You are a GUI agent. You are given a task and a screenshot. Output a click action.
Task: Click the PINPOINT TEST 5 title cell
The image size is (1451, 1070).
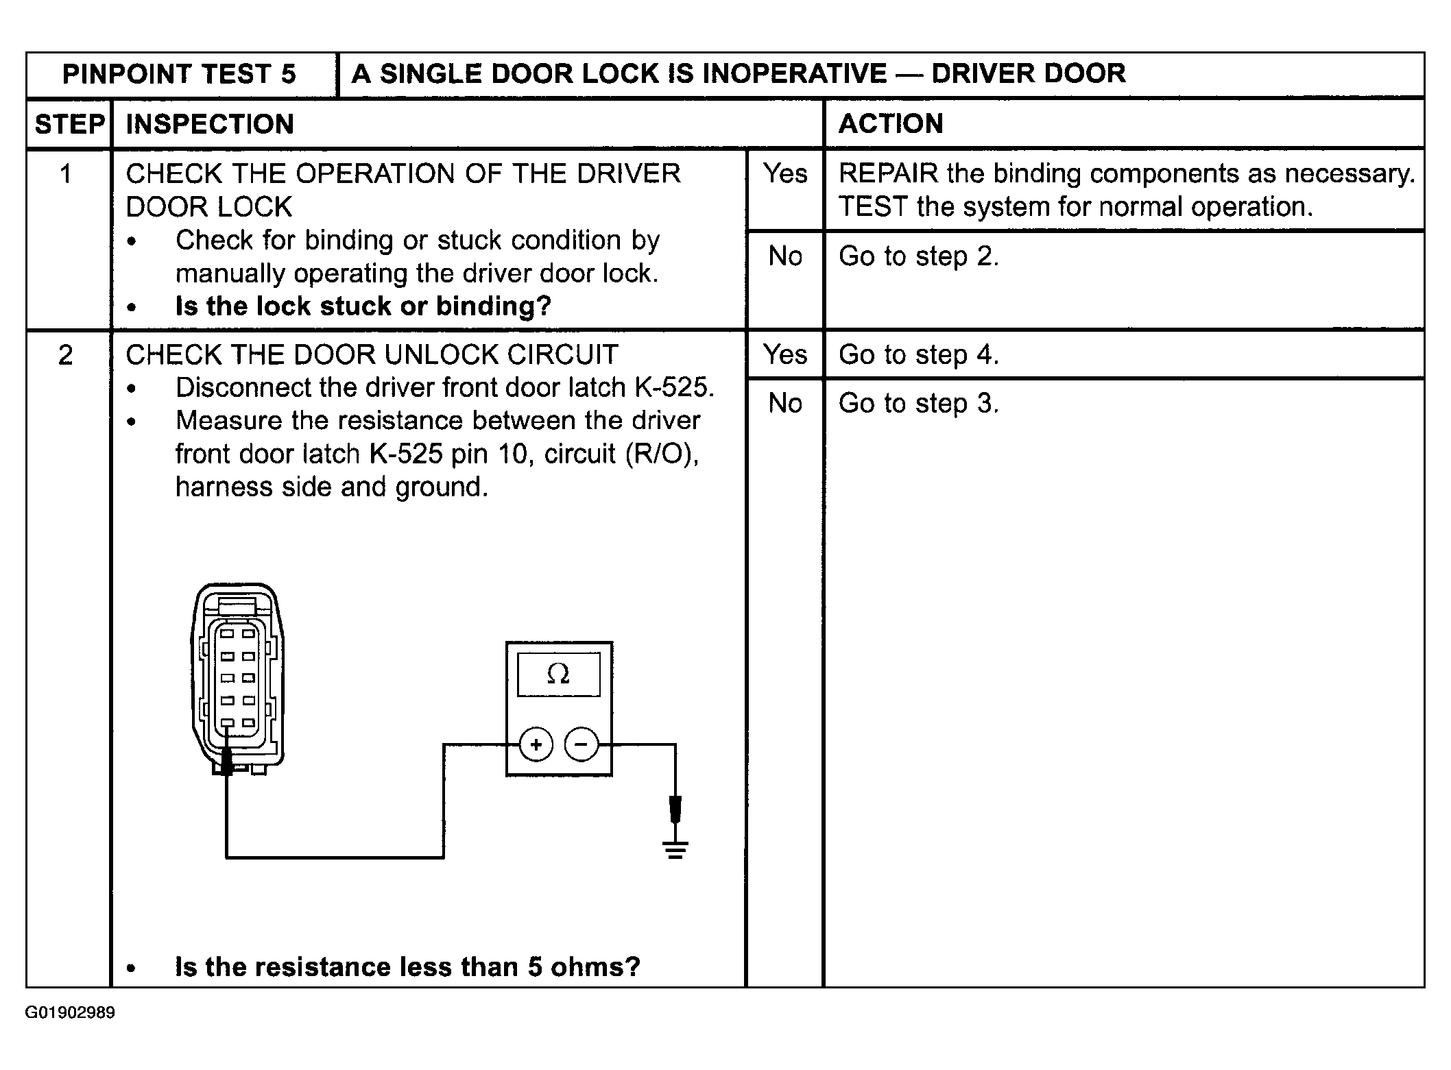tap(179, 74)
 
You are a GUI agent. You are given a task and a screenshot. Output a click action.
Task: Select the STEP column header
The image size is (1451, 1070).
tap(69, 125)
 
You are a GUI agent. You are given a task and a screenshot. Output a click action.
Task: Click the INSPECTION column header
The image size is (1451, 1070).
tap(210, 125)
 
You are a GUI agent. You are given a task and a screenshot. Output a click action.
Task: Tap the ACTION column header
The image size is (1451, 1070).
tap(891, 124)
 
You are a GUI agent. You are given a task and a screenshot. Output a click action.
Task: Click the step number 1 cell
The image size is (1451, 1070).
tap(66, 174)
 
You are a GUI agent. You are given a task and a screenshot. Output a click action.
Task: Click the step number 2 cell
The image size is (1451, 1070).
tap(66, 355)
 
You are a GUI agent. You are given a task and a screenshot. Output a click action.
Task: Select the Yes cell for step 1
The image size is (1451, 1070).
tap(785, 174)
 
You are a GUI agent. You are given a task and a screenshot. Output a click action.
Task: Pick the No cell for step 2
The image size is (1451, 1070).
tap(785, 404)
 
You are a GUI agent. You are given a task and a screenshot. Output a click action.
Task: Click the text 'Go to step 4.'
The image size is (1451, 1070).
tap(918, 355)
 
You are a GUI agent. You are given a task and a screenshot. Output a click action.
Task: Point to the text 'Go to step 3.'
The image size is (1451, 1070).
tap(918, 404)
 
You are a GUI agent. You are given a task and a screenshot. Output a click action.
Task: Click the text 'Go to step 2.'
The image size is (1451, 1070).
tap(918, 257)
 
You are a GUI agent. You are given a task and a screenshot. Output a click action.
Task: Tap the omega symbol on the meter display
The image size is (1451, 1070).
tap(558, 675)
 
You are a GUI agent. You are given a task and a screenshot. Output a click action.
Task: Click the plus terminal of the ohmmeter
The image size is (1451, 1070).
tap(536, 744)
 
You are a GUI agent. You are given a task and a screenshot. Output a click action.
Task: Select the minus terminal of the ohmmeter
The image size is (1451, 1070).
tap(581, 744)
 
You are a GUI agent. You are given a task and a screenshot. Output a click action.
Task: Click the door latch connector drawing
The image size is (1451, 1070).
tap(237, 679)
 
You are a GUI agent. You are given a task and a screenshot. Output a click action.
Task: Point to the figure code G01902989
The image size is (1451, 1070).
tap(70, 1013)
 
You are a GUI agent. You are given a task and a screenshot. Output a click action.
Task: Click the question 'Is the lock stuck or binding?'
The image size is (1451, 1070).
tap(363, 306)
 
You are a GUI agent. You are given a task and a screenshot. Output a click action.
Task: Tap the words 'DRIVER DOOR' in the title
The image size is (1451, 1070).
tap(1028, 74)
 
